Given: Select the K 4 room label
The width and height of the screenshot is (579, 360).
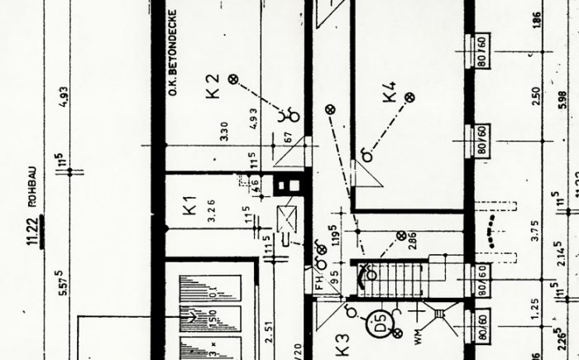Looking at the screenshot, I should (390, 91).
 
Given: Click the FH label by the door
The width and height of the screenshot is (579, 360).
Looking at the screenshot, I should (317, 282).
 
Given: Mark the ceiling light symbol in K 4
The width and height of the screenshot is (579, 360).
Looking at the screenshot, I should (408, 98).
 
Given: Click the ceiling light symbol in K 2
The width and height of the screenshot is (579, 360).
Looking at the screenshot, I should (233, 79).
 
